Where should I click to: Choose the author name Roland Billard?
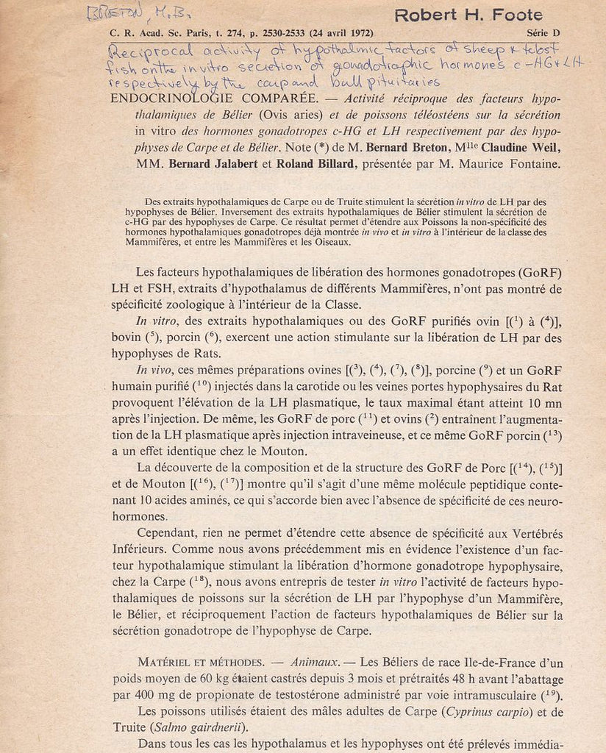(x=315, y=164)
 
